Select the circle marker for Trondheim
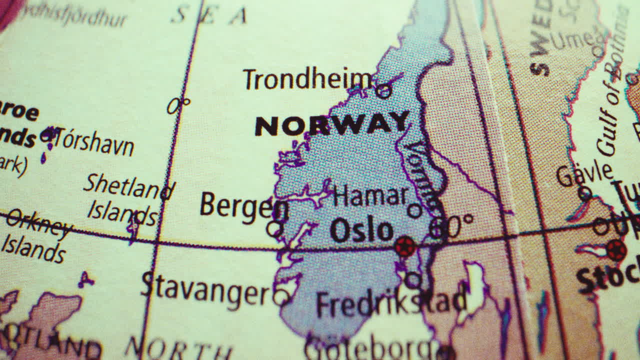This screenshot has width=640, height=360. tap(383, 91)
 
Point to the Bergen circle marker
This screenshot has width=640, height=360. tap(274, 229)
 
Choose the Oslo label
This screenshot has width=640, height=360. tap(361, 230)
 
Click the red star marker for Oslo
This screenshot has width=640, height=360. tap(404, 246)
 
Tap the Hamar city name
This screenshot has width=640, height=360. tap(369, 195)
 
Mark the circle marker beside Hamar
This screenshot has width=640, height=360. tap(414, 210)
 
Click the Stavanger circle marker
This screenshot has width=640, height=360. tap(281, 296)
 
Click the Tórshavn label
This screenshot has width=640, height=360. tap(93, 142)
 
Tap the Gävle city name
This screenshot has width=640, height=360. tap(584, 174)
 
